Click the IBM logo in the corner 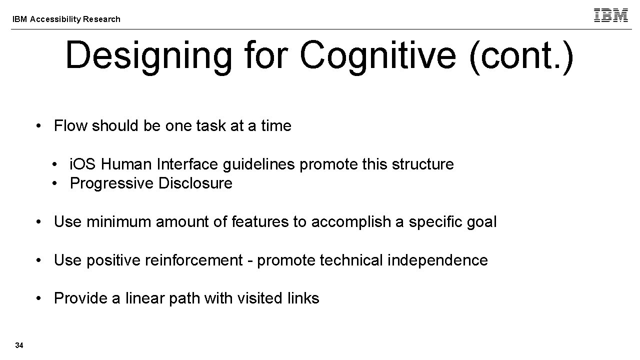(x=610, y=15)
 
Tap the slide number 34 (x=19, y=345)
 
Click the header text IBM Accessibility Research (x=66, y=19)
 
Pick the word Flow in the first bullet (x=69, y=126)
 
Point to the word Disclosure (x=195, y=183)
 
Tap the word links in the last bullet (x=303, y=298)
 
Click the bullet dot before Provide (x=38, y=299)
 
